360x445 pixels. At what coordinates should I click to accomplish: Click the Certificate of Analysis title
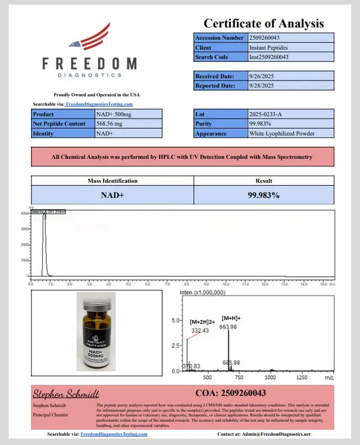click(x=263, y=23)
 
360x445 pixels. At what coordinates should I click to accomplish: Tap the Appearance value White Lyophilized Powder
click(x=282, y=133)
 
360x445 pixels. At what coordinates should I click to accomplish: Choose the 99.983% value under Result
click(x=264, y=195)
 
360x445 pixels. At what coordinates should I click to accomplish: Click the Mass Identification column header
click(x=112, y=181)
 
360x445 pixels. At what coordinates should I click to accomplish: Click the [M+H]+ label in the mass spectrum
click(x=230, y=318)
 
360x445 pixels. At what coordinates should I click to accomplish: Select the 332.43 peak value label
click(x=200, y=331)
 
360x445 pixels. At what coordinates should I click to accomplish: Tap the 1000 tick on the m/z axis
click(x=271, y=378)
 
